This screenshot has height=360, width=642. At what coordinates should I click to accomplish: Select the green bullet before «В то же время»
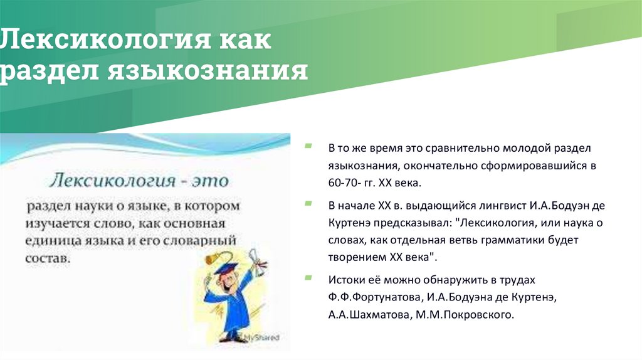pyautogui.click(x=308, y=146)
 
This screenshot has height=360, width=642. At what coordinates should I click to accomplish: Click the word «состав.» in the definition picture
pyautogui.click(x=45, y=258)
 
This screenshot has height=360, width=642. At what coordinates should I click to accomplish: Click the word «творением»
pyautogui.click(x=353, y=257)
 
